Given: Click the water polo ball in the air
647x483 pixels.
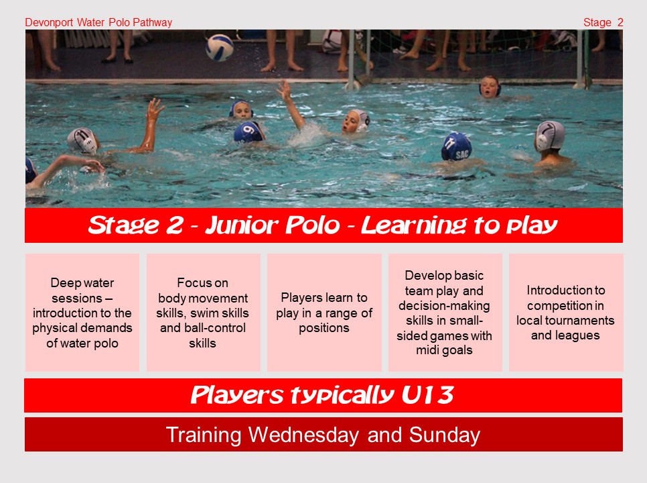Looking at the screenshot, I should tap(219, 48).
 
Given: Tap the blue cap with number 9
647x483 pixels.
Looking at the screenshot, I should tap(248, 131).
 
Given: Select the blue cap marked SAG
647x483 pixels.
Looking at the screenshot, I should tap(457, 147).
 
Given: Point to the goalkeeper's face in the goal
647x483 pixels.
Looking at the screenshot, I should tap(490, 88).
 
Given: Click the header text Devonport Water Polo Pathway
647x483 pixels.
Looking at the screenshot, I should tap(98, 23).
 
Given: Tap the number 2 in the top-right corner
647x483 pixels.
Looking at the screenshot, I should tap(620, 23).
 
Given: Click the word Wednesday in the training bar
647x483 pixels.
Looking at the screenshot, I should tap(303, 435).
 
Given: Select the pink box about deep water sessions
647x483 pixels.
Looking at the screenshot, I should tap(82, 313).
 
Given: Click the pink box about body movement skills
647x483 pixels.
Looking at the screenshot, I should tap(203, 313).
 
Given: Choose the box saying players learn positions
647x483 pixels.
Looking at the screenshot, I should tap(324, 313).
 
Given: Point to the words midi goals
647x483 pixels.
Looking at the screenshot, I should tap(444, 350).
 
